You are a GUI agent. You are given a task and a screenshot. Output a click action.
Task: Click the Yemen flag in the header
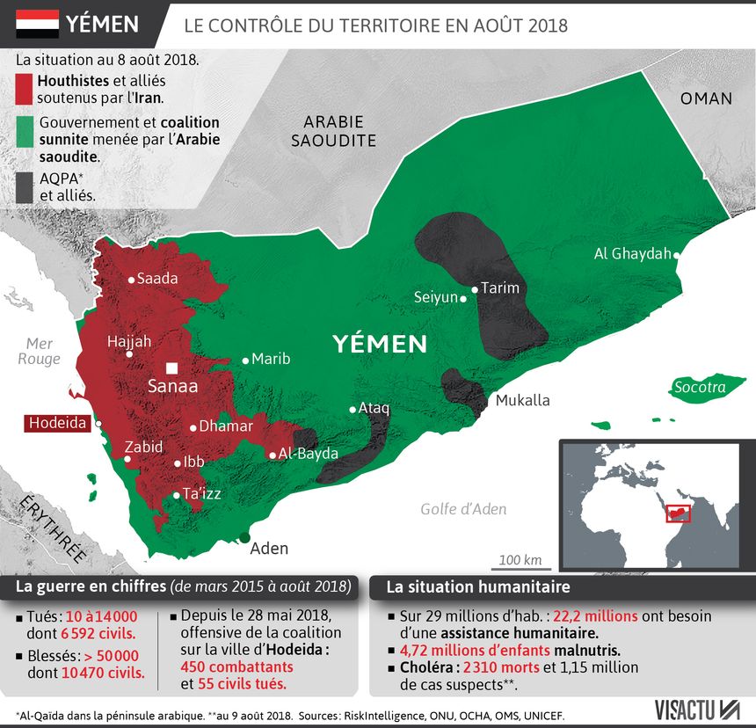37,25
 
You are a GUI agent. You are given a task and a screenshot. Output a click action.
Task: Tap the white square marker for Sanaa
172,368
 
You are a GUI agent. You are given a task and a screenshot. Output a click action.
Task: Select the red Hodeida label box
58,423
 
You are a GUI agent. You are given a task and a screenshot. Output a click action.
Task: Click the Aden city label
269,549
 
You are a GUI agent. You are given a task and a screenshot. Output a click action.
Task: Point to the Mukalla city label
522,401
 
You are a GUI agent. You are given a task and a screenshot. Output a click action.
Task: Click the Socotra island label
701,388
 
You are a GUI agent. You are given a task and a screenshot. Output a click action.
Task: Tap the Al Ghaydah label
632,254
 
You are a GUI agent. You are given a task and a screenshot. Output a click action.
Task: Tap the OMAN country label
706,98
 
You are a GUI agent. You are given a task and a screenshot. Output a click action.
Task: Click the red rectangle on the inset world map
678,513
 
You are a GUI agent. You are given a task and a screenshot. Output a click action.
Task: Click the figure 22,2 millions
595,616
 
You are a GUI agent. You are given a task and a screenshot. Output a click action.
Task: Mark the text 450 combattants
236,666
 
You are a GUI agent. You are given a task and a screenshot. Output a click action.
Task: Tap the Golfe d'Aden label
463,509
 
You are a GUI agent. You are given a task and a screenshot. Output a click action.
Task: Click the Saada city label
157,279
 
